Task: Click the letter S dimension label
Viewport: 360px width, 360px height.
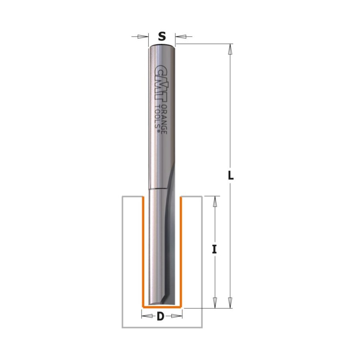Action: point(162,36)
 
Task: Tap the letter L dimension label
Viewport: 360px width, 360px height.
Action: point(230,176)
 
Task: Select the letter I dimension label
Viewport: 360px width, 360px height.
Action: point(214,249)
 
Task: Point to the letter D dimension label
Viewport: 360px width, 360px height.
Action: point(161,317)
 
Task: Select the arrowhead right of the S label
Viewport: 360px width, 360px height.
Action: point(181,36)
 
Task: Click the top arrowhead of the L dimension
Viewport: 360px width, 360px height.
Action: point(230,49)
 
